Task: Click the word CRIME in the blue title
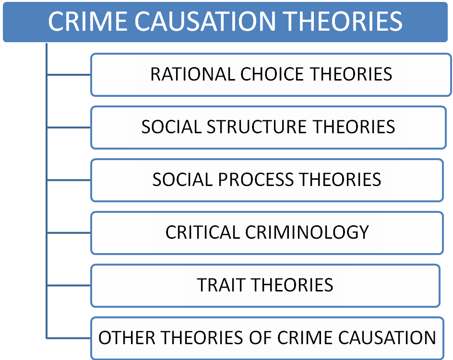(87, 21)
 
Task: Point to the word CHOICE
(272, 74)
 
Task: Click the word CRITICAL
(203, 232)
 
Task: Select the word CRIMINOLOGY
(307, 232)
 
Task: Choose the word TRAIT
(221, 285)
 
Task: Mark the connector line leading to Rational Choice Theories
(69, 75)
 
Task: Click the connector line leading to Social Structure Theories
(69, 128)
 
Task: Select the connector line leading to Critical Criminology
(69, 232)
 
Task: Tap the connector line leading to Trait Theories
(69, 286)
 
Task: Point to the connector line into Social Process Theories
(69, 180)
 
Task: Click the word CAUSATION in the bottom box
(387, 338)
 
